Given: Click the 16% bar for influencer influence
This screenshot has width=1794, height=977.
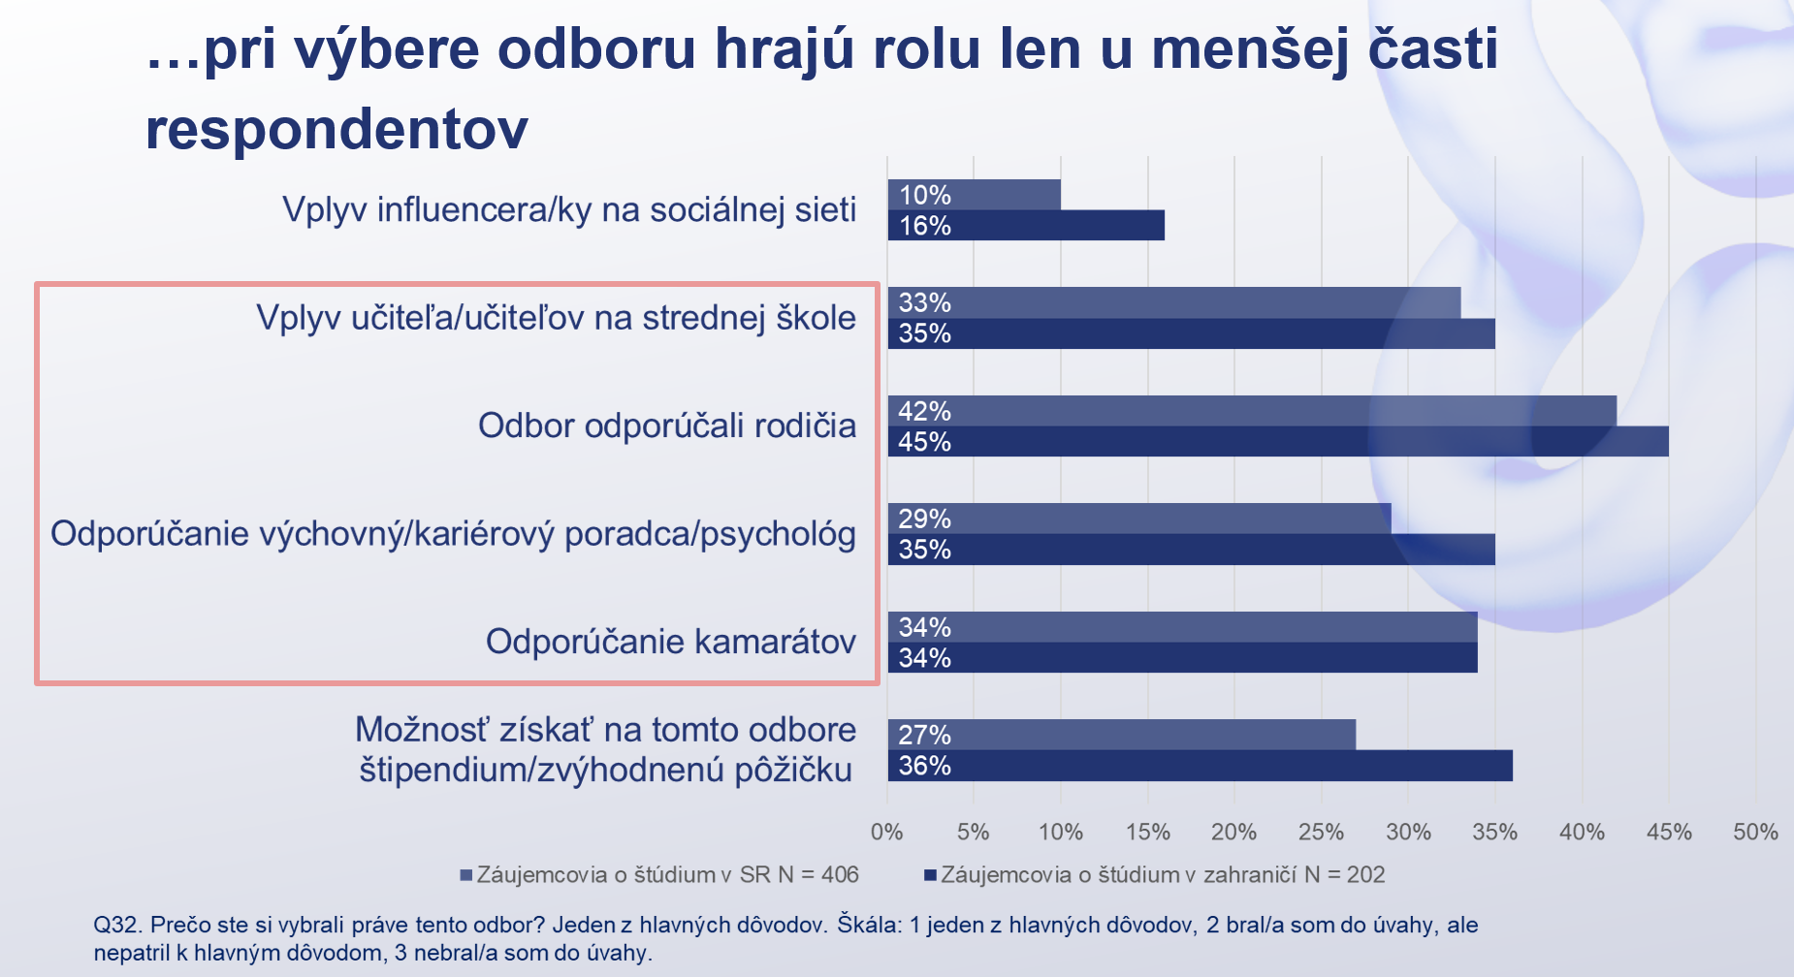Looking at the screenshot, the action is point(1026,226).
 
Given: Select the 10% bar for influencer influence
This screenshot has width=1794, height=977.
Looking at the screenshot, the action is point(975,195).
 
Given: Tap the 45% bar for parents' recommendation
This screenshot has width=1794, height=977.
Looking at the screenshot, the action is point(1278,442).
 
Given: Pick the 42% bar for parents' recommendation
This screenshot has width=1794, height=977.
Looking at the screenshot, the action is point(1252,411).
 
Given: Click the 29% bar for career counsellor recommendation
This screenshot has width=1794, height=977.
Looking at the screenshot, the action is point(1139,519).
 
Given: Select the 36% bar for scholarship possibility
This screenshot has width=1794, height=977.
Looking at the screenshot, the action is point(1201,766).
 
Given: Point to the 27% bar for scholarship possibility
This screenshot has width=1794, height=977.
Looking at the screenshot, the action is point(1122,735).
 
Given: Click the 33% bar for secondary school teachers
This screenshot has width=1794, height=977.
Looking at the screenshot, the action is point(1174,302).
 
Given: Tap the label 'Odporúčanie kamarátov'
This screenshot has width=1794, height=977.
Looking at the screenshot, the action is point(671,642).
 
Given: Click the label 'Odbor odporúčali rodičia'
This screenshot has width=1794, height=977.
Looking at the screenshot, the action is point(667,425).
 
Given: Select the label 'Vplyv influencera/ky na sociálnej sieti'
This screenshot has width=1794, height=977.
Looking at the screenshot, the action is point(569,209).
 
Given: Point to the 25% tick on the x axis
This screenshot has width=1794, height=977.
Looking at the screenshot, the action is point(1321,832).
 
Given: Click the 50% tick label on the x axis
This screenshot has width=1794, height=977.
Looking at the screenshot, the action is point(1755,832).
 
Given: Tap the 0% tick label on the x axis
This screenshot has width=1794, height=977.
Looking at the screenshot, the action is point(887,832).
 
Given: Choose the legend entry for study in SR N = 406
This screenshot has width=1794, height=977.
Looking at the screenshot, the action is point(659,875).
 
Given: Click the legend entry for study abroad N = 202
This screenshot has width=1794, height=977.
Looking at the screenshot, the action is point(1154,875).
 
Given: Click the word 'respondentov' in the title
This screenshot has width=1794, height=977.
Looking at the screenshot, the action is point(336,130).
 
